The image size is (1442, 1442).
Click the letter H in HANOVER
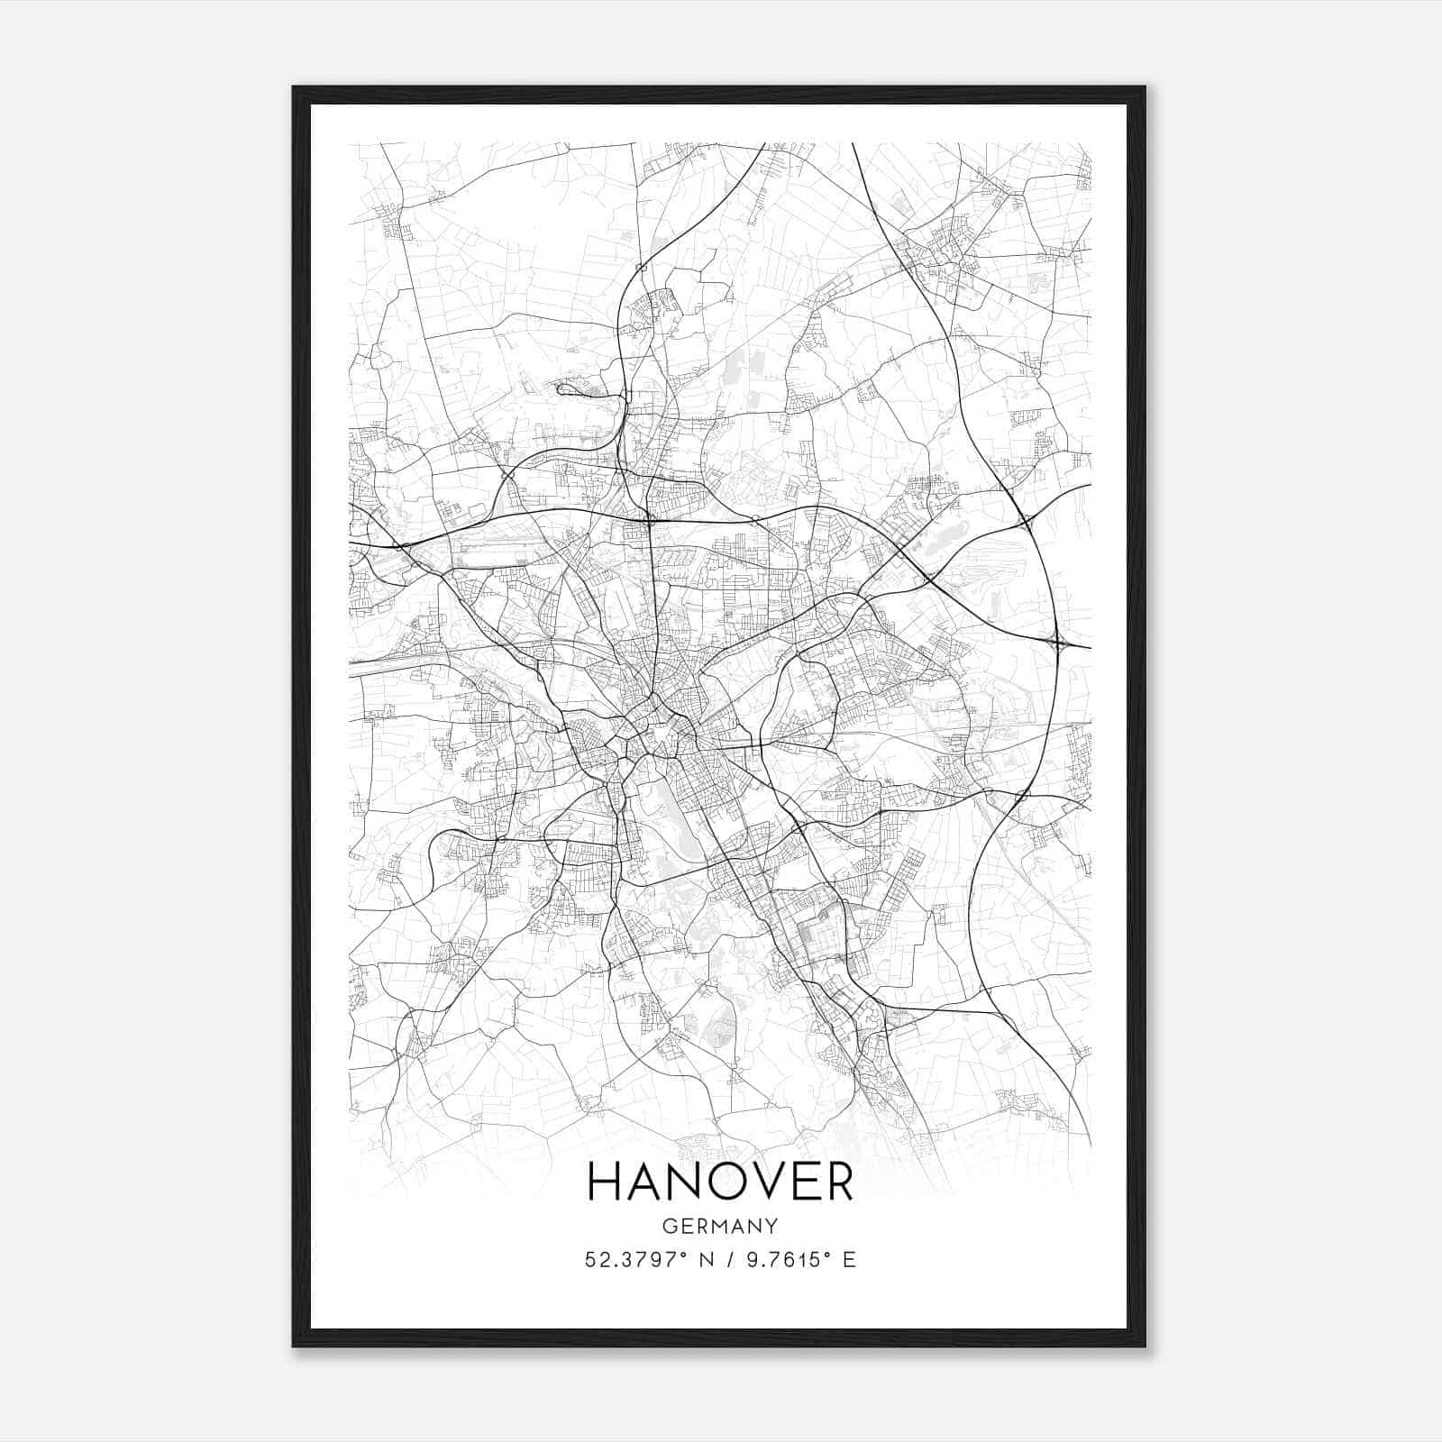[606, 1182]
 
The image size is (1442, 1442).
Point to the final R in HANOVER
[837, 1182]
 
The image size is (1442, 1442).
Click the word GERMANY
[720, 1226]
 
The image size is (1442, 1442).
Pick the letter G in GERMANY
[670, 1226]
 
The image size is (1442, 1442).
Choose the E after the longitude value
[849, 1260]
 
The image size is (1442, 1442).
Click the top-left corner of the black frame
[294, 87]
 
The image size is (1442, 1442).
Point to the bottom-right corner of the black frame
[1145, 1346]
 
